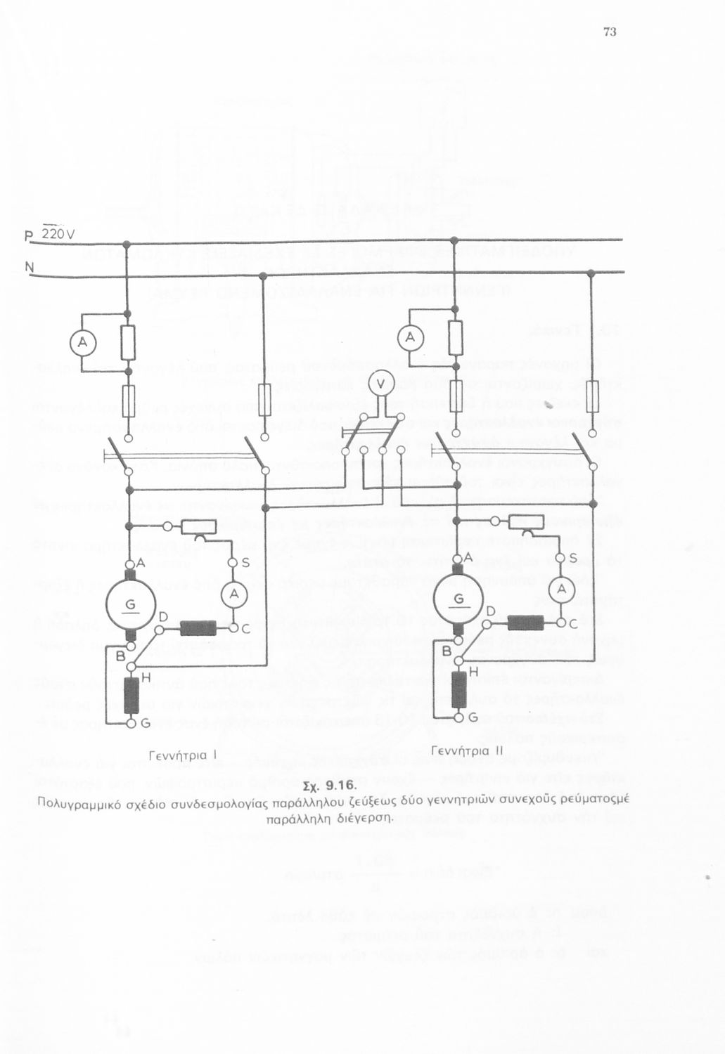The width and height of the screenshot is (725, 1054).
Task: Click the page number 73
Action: click(610, 32)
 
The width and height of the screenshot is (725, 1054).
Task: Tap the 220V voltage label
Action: click(57, 234)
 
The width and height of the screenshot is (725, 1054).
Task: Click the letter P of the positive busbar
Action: click(29, 235)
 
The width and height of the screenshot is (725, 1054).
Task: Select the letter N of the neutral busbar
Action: click(29, 267)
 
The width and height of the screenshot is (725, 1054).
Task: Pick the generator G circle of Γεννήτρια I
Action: click(130, 604)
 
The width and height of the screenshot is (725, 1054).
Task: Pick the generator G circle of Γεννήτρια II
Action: click(458, 599)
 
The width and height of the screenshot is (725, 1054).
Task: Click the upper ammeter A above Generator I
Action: click(82, 342)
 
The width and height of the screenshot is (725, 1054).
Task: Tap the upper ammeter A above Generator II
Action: click(410, 338)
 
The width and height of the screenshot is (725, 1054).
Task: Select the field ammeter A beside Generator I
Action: click(234, 595)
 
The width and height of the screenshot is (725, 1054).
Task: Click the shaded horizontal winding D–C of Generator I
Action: click(198, 627)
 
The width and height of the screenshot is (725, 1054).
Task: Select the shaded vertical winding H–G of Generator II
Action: click(458, 690)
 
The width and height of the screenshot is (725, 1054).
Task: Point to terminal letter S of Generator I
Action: click(245, 562)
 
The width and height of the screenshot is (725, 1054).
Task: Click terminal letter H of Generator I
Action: click(146, 677)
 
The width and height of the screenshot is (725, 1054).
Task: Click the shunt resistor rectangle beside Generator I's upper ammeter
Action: click(127, 342)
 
